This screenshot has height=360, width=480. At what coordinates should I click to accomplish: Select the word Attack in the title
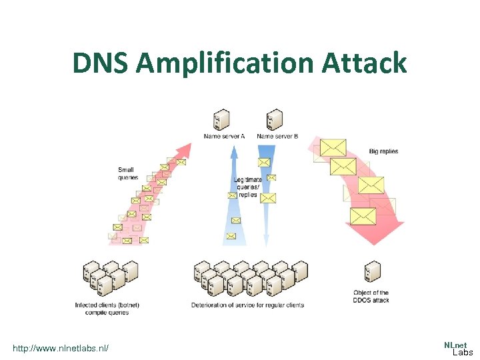pos(364,63)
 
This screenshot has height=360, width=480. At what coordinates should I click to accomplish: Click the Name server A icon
pos(221,120)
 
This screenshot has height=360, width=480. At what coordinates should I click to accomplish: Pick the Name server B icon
pos(273,120)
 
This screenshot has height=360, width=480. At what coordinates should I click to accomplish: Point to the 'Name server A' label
pos(224,137)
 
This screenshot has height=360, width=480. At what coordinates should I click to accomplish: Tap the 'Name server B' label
pos(277,137)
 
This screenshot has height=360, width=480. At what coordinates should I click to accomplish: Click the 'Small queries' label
pos(127,173)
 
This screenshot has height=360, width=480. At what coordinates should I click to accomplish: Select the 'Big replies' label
pos(383,151)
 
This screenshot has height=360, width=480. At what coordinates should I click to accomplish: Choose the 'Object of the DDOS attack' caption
pos(371,297)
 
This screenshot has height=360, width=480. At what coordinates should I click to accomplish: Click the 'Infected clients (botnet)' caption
pos(107,309)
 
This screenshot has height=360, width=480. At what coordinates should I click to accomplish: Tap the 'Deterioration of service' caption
pos(247,305)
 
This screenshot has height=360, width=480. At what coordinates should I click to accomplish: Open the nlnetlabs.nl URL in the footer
pos(61,348)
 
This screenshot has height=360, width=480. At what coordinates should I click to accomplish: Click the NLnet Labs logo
pos(458,348)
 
